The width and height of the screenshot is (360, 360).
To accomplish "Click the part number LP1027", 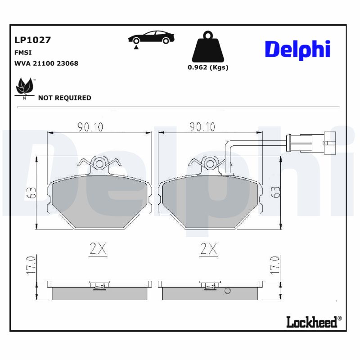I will coord(33,40).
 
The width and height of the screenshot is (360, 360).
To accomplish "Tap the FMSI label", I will coord(23,52).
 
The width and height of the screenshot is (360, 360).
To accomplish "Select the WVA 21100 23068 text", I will coord(47,63).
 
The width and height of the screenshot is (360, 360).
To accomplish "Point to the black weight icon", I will coord(208,47).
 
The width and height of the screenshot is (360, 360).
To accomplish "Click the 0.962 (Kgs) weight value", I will coord(208,67).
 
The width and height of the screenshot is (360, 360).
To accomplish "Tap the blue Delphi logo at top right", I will coord(297,50).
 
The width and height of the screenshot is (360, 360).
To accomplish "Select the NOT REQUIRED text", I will coord(64,98).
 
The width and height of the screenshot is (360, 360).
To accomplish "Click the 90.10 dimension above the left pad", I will coord(90,127).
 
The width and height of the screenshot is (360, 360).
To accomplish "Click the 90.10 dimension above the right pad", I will coord(202,127).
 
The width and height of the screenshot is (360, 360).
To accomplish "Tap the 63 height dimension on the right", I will coord(275,192).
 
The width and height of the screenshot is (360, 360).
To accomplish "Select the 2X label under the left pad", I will coord(98,249).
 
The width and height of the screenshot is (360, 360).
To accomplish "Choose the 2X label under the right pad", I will coord(209,249).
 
